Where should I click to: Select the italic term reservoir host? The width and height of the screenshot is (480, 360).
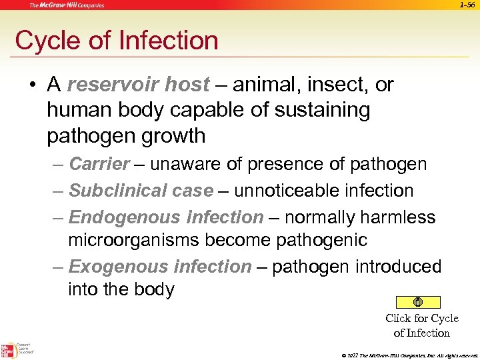(x=138, y=85)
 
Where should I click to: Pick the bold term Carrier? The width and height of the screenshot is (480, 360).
(x=99, y=164)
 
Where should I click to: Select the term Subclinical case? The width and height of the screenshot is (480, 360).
(x=141, y=191)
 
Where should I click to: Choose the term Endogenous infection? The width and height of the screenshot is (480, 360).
(x=166, y=217)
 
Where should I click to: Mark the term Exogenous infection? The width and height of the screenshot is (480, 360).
(x=160, y=267)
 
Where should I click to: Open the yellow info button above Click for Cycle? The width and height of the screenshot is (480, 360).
(x=417, y=302)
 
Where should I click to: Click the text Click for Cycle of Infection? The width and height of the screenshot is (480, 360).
(x=421, y=325)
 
